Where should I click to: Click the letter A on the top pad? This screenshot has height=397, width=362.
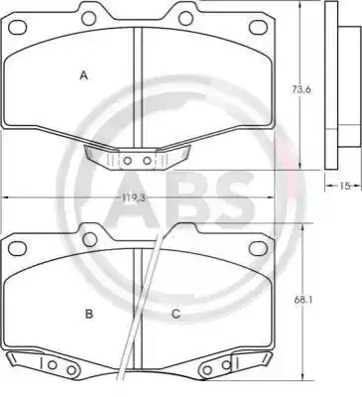click(x=84, y=75)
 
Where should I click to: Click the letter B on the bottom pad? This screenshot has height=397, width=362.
click(x=89, y=314)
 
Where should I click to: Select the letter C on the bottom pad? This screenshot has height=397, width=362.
click(x=176, y=314)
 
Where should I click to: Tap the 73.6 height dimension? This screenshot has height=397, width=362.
click(x=302, y=89)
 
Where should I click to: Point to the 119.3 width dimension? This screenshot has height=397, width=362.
click(x=132, y=198)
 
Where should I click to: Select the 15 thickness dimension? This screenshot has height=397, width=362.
click(x=344, y=186)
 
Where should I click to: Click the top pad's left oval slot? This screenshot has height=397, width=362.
click(x=18, y=27)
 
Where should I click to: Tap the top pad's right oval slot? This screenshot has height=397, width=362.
click(x=258, y=27)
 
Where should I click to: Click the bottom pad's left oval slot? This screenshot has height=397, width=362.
click(x=17, y=248)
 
